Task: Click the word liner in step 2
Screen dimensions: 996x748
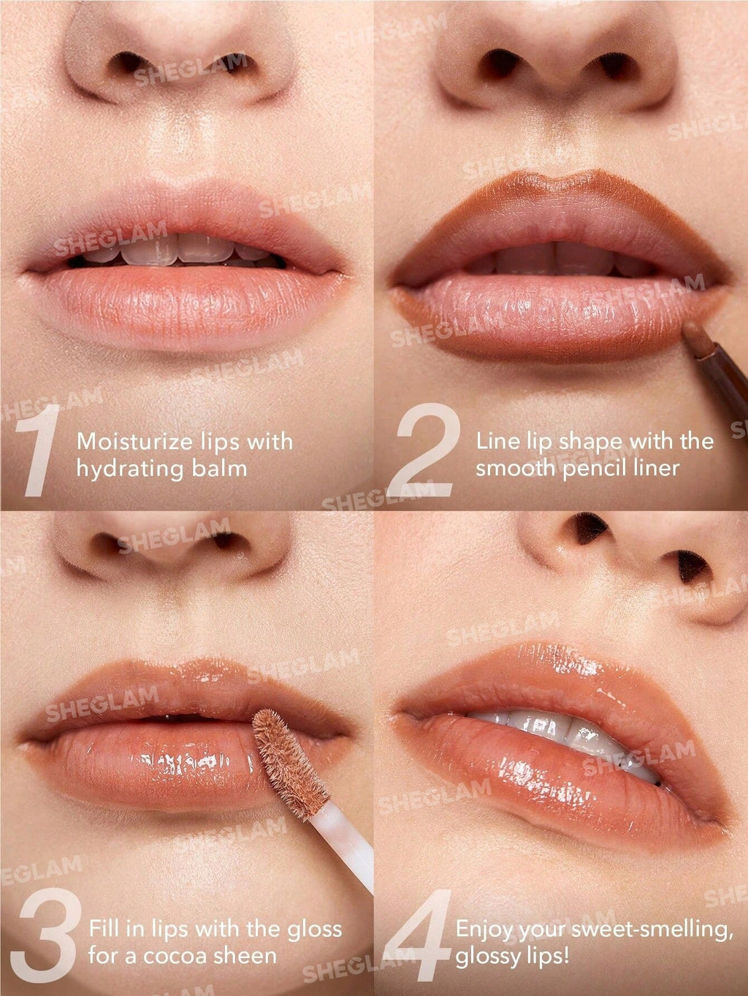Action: [654, 468]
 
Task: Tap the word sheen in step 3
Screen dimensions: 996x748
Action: [242, 956]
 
